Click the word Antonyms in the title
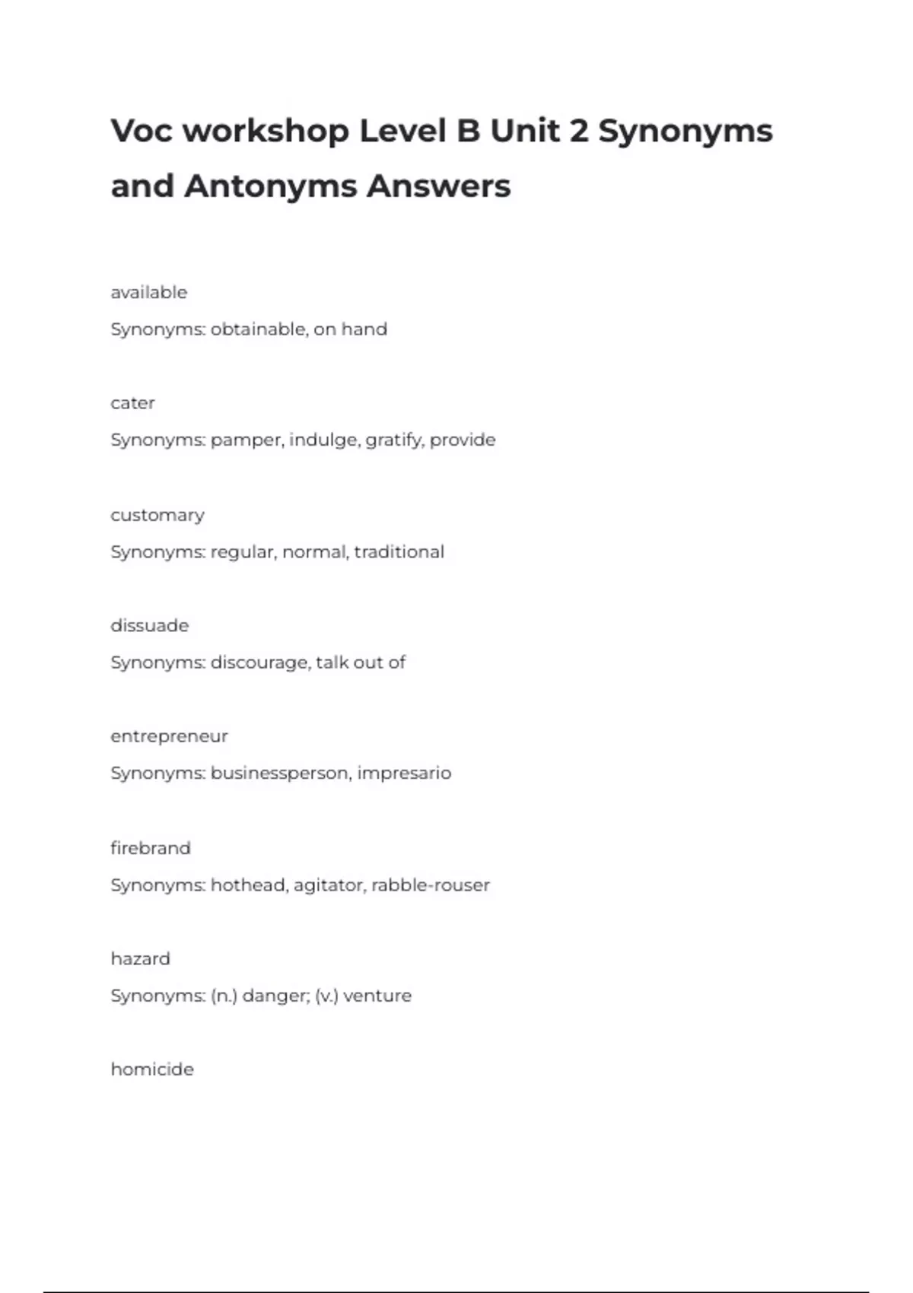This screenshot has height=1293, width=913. pyautogui.click(x=270, y=186)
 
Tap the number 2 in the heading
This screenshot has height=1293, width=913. pyautogui.click(x=578, y=131)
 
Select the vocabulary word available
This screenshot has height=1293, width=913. pyautogui.click(x=148, y=293)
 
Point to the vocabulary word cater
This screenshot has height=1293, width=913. pyautogui.click(x=132, y=403)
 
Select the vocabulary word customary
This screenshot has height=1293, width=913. pyautogui.click(x=157, y=516)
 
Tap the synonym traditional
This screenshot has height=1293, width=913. pyautogui.click(x=399, y=551)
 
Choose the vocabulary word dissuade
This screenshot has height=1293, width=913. pyautogui.click(x=149, y=626)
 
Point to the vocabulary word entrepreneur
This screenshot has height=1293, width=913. pyautogui.click(x=169, y=736)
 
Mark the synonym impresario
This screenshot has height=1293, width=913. pyautogui.click(x=404, y=774)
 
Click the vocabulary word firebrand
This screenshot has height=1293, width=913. pyautogui.click(x=150, y=848)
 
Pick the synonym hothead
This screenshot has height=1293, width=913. pyautogui.click(x=247, y=885)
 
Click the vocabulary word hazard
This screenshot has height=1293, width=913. pyautogui.click(x=140, y=959)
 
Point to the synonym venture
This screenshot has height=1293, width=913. pyautogui.click(x=377, y=996)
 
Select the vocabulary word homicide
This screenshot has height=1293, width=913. pyautogui.click(x=152, y=1069)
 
